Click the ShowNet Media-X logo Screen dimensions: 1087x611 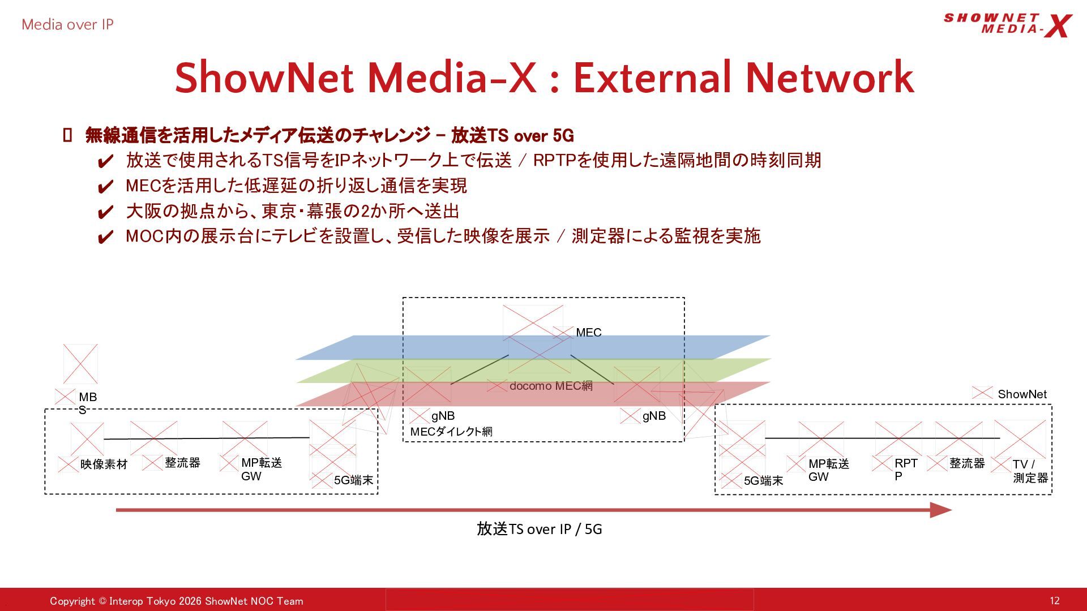tap(1008, 25)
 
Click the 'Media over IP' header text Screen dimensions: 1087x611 tap(67, 24)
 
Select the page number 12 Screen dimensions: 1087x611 tap(1054, 601)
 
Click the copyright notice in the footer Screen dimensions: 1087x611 tap(177, 601)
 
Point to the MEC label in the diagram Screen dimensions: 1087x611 tap(589, 333)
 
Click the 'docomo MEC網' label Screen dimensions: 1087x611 tap(551, 386)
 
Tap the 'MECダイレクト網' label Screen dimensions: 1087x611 tap(451, 432)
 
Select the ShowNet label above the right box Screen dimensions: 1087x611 tap(1022, 394)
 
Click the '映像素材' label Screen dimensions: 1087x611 tap(104, 464)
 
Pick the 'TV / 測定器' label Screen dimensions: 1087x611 tap(1030, 471)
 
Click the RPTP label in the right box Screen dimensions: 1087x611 tap(906, 470)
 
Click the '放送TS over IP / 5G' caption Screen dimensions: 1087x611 tap(540, 529)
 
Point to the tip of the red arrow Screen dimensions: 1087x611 tap(952, 510)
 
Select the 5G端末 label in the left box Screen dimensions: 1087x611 tap(354, 480)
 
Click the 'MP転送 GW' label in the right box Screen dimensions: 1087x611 tap(829, 470)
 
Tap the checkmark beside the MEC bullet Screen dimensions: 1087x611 tap(105, 187)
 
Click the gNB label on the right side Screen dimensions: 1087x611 tap(654, 416)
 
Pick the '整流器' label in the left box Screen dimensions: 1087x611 tap(182, 463)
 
